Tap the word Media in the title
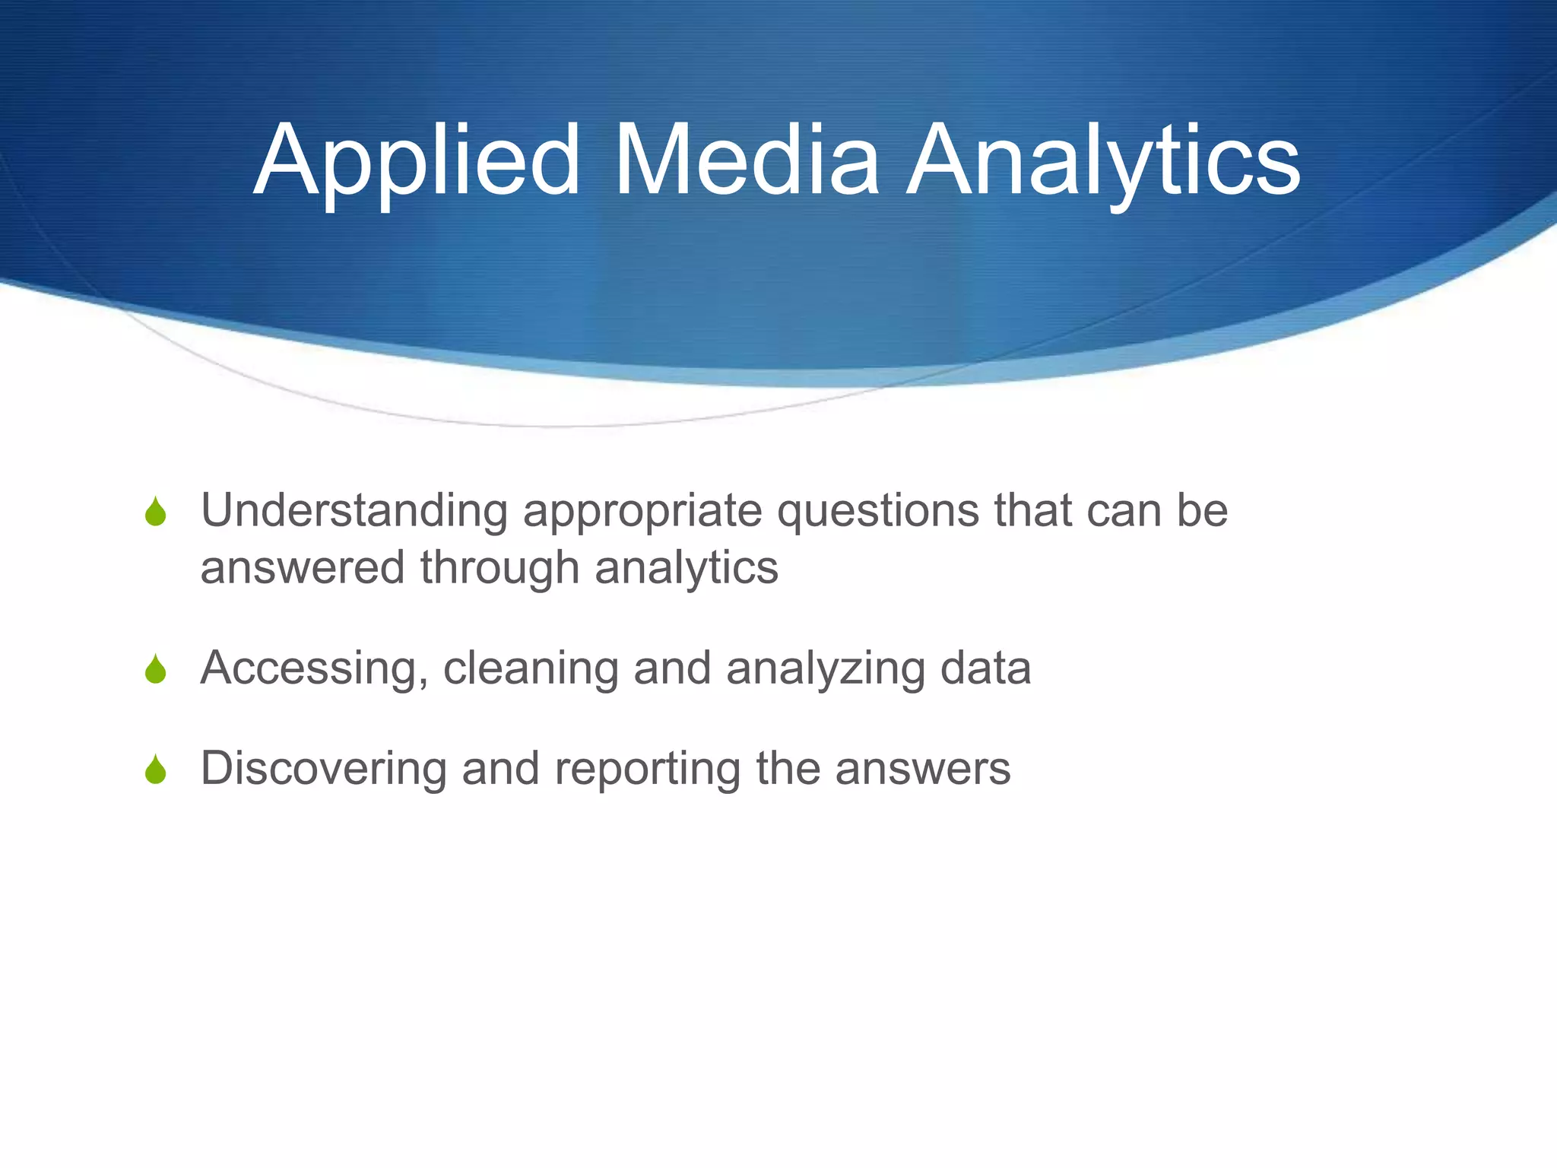pyautogui.click(x=746, y=161)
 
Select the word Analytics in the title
pyautogui.click(x=1103, y=161)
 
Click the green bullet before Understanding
pyautogui.click(x=156, y=512)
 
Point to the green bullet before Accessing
pyautogui.click(x=156, y=669)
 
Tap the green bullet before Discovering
pyautogui.click(x=156, y=770)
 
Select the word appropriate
pyautogui.click(x=642, y=512)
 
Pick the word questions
pyautogui.click(x=877, y=512)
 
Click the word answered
pyautogui.click(x=302, y=568)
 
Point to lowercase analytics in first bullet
pyautogui.click(x=687, y=570)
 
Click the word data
pyautogui.click(x=985, y=668)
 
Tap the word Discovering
pyautogui.click(x=324, y=769)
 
